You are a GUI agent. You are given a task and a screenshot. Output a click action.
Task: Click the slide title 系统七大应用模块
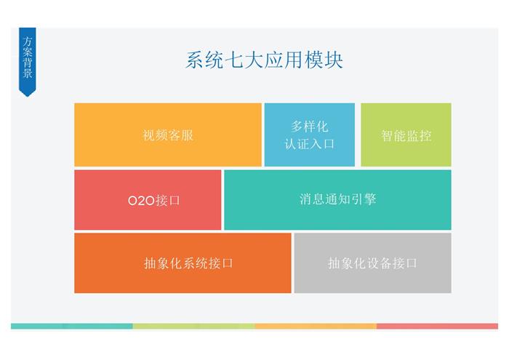264,60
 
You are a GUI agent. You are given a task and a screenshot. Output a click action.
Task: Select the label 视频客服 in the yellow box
168,135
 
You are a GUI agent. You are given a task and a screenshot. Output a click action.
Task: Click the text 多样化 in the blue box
309,127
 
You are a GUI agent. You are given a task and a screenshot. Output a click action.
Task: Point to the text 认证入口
309,144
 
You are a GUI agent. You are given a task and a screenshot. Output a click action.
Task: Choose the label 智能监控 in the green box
406,136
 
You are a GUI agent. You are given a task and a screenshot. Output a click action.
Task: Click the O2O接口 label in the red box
154,200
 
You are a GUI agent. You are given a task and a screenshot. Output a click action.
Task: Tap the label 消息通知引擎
337,199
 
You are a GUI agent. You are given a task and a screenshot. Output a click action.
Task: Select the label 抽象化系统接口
188,263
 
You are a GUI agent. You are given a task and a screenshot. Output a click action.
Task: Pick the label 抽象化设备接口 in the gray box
372,263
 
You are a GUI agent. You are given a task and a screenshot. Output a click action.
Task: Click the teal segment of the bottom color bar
72,326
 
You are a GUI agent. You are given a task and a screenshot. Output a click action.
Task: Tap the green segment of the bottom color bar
194,326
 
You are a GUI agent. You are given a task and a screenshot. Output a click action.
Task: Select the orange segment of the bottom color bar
316,326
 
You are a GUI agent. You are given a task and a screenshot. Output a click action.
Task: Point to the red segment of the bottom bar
437,326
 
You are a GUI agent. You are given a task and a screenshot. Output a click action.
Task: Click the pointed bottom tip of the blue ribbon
28,96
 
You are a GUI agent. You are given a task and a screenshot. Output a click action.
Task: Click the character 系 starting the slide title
195,60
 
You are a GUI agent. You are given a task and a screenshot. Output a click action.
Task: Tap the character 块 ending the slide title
333,60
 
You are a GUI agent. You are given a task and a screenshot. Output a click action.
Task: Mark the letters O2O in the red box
141,201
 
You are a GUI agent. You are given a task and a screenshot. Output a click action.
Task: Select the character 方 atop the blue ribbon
28,41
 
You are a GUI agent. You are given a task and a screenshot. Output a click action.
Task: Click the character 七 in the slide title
234,60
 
